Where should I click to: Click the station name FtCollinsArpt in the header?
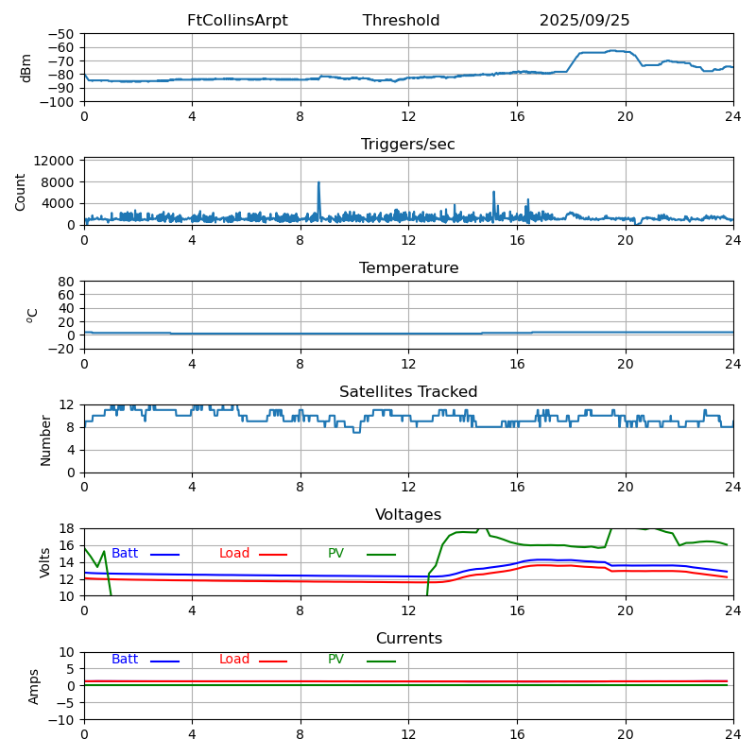237,21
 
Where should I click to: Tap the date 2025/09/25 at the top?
584,21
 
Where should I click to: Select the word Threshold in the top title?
401,21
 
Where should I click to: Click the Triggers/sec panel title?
408,145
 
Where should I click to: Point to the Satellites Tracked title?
408,392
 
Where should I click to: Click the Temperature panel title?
408,268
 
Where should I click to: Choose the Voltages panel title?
408,515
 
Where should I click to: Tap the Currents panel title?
408,639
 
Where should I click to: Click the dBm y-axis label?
26,68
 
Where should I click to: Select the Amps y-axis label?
34,686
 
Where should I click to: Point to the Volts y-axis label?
45,562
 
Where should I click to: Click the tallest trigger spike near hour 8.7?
319,182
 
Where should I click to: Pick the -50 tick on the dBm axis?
60,34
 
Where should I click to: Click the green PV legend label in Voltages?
335,554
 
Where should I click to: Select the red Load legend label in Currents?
234,660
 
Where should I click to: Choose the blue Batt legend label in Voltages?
125,554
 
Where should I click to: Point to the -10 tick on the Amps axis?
61,720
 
